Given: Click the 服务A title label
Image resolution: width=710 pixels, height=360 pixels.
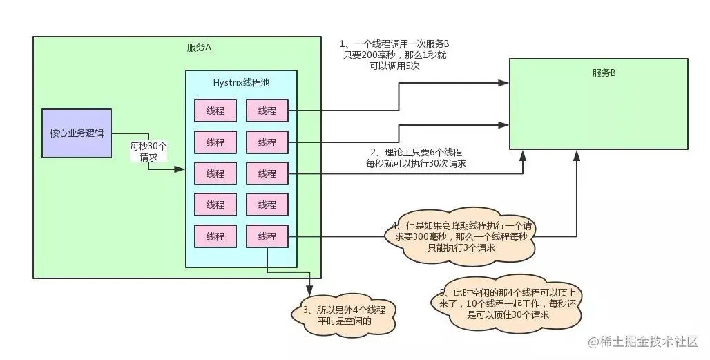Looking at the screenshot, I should tap(199, 48).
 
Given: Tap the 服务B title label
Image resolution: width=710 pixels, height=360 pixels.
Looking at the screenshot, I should tap(604, 73).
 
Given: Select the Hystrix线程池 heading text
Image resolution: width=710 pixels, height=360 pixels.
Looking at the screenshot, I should tap(241, 82).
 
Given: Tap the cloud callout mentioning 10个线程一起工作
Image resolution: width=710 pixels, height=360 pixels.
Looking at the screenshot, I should tap(510, 304).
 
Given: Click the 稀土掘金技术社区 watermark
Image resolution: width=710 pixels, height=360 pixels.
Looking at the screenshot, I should tap(644, 341).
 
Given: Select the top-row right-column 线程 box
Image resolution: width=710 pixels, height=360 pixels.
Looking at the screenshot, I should tap(267, 111).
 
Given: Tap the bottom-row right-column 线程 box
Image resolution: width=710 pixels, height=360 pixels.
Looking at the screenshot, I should tap(267, 236).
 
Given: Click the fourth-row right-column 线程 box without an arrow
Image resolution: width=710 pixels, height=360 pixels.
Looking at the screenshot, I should tap(267, 205).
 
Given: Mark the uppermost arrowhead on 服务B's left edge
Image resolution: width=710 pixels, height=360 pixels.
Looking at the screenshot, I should tap(504, 83).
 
